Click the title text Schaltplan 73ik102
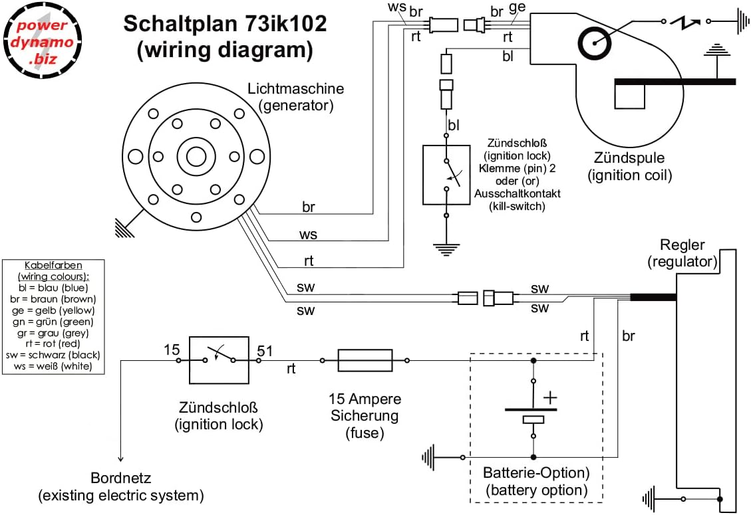pyautogui.click(x=225, y=25)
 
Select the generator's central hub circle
pyautogui.click(x=196, y=157)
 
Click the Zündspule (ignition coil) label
pyautogui.click(x=629, y=167)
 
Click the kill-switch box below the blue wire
pyautogui.click(x=446, y=175)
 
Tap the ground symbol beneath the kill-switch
pyautogui.click(x=446, y=250)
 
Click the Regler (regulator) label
pyautogui.click(x=682, y=253)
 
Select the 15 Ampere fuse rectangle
pyautogui.click(x=364, y=361)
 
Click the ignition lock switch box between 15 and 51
pyautogui.click(x=219, y=360)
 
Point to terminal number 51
pyautogui.click(x=265, y=351)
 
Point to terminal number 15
pyautogui.click(x=172, y=350)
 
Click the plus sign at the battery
pyautogui.click(x=550, y=397)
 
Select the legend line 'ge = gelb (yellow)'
pyautogui.click(x=54, y=310)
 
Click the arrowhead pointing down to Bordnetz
pyautogui.click(x=120, y=459)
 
